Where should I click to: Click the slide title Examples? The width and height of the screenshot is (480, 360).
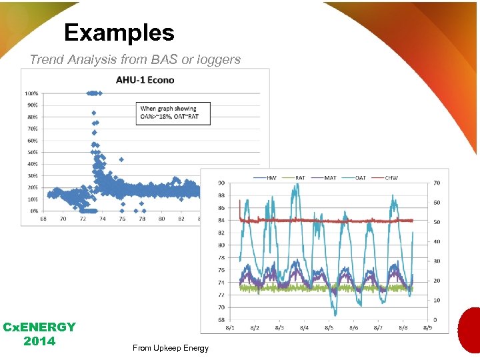coord(119,33)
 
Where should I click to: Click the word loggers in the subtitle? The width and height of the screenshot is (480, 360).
coord(220,59)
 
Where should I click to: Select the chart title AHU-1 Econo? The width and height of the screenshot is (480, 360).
coord(145,79)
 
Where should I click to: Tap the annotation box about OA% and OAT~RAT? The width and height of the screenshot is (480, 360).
coord(173,112)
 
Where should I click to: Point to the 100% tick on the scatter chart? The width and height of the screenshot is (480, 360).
coord(31,93)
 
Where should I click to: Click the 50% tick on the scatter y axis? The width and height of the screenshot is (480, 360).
coord(32,152)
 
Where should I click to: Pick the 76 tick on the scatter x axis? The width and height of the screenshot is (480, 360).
coord(122,219)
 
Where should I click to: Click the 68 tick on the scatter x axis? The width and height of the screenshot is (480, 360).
coord(43,219)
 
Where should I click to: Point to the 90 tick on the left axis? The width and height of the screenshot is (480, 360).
coord(221,183)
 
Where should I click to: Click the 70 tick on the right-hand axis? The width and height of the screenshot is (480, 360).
coord(437,183)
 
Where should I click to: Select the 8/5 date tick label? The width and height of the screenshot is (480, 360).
coord(329,327)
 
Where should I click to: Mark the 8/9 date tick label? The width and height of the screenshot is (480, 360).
coord(427,327)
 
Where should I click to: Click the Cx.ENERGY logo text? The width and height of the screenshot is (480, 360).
coord(39,327)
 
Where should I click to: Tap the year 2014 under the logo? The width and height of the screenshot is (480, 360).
coord(39,341)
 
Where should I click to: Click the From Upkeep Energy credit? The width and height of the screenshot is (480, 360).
coord(171,348)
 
